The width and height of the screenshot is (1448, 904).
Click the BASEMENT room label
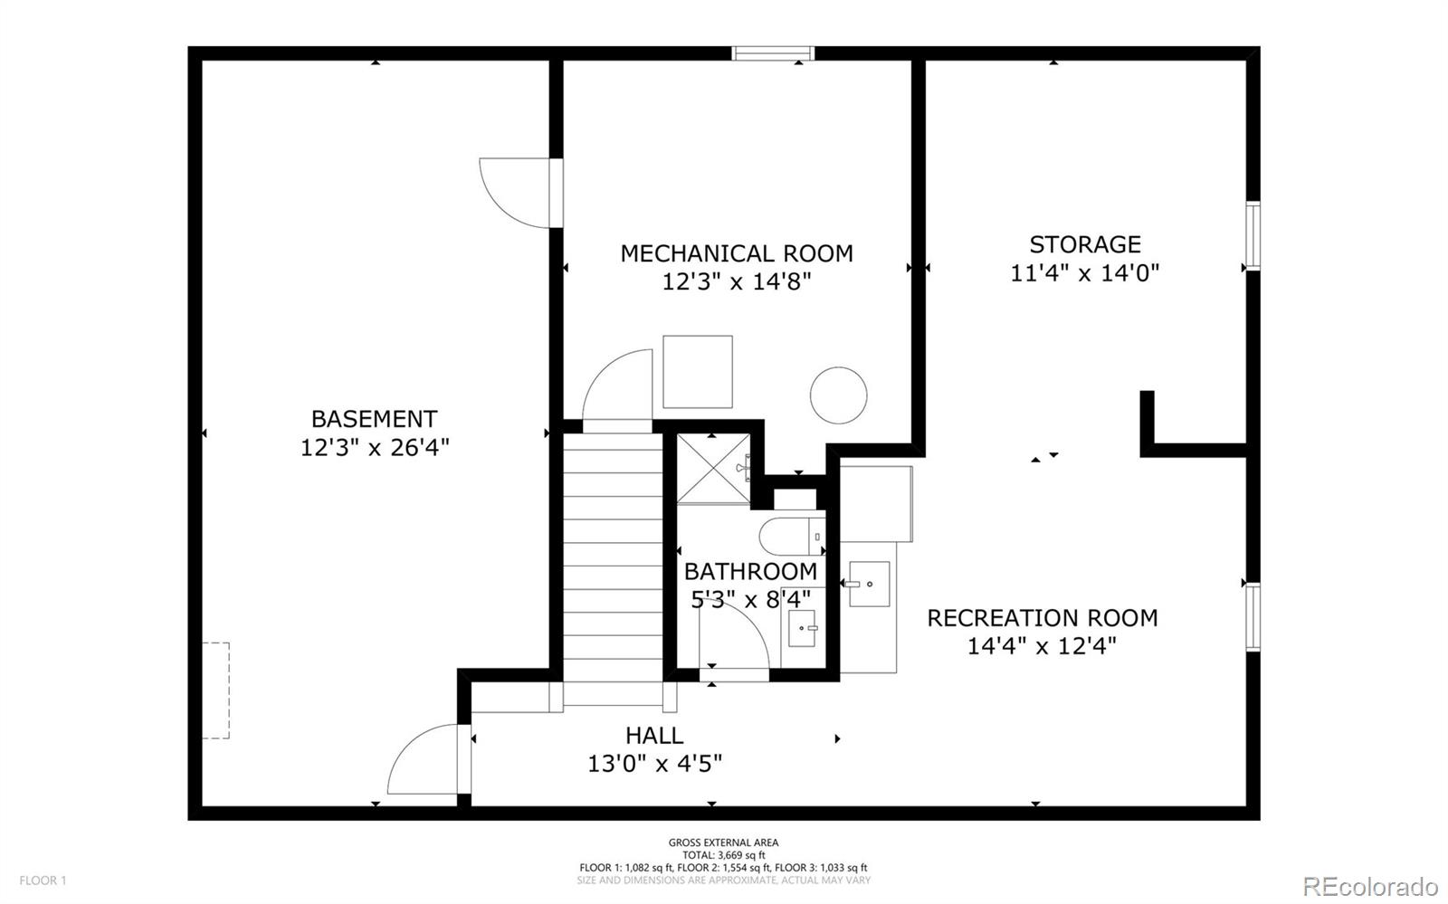375,419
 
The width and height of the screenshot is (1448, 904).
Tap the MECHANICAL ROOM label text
737,253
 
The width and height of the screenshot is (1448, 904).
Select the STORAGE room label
1085,244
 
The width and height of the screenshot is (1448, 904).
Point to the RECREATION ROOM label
1042,618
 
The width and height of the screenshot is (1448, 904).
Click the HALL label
654,736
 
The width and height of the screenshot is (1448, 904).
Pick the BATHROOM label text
750,571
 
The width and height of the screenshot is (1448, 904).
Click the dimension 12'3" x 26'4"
375,447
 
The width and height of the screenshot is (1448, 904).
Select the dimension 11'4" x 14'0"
1085,272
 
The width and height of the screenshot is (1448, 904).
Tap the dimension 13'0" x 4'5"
654,764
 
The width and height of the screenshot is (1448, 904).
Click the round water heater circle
838,395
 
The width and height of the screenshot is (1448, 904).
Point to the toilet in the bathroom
793,536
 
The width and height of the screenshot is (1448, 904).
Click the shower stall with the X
713,469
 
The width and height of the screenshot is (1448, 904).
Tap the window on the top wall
773,53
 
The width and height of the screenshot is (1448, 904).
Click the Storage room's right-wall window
1253,236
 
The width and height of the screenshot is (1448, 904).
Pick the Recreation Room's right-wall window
1253,617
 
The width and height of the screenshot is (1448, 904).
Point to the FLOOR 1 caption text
43,880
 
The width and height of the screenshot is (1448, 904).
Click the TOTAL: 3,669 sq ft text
723,855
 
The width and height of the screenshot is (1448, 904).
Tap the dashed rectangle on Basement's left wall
216,690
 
